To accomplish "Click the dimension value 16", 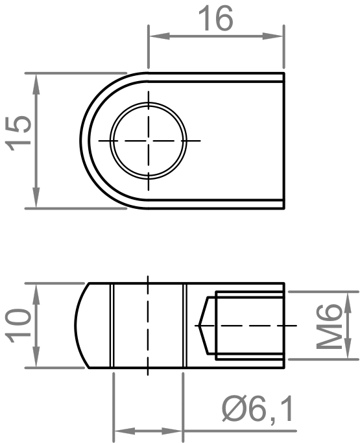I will pyautogui.click(x=216, y=19).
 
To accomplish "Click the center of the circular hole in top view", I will pyautogui.click(x=149, y=140).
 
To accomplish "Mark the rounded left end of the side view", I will pyautogui.click(x=77, y=326).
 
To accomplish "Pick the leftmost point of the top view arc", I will pyautogui.click(x=82, y=140).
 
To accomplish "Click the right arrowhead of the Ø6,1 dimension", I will pyautogui.click(x=178, y=430).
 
